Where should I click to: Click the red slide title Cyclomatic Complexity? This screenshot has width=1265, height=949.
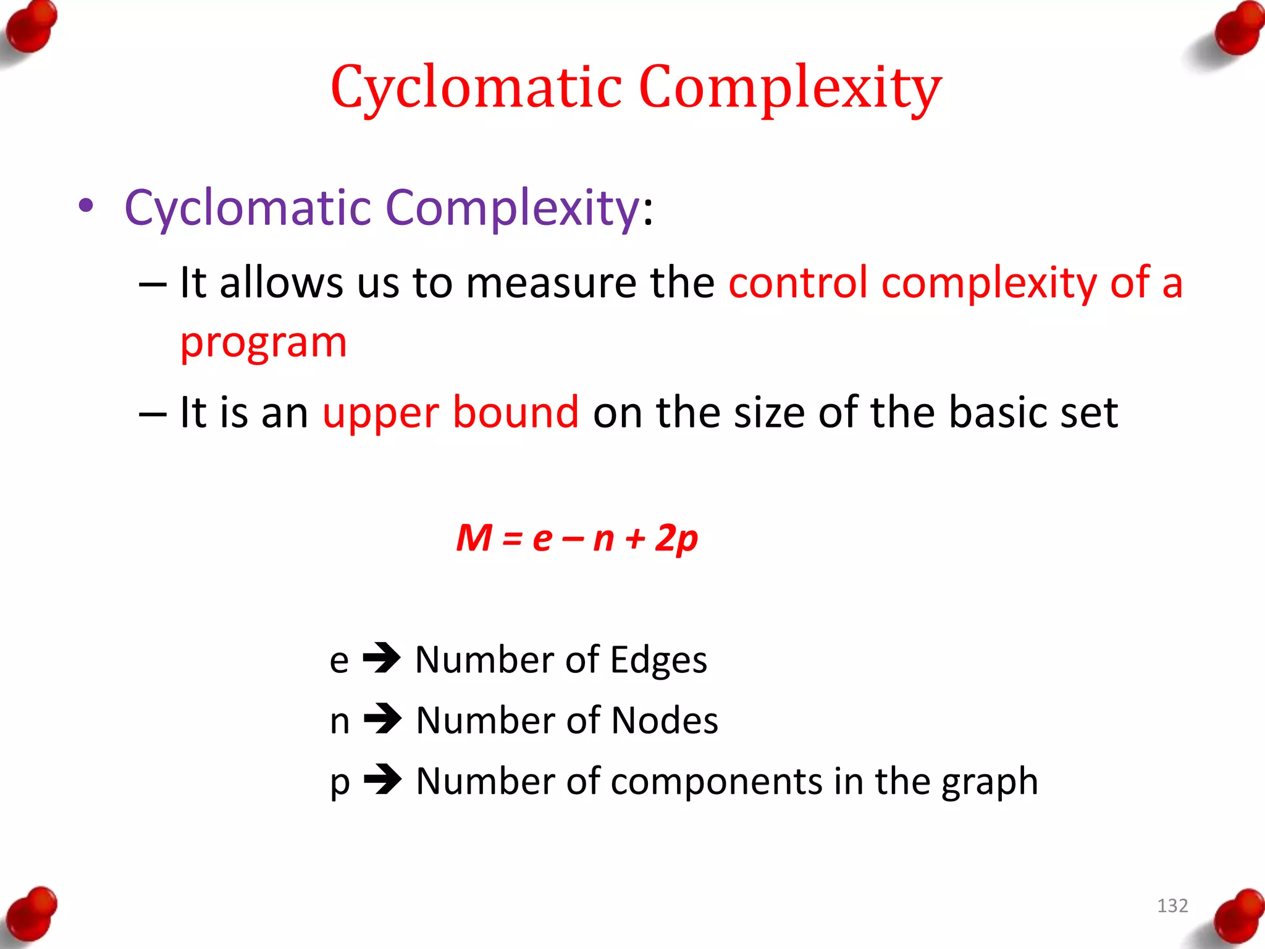tap(636, 88)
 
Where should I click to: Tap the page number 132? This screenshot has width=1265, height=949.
tap(1172, 906)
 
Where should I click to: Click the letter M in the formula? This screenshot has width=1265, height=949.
tap(474, 538)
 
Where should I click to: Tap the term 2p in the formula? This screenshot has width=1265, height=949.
tap(676, 538)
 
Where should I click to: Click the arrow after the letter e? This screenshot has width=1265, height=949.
tap(382, 659)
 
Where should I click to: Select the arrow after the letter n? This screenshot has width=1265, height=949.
tap(383, 719)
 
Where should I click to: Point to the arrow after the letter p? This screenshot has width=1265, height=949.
tap(383, 780)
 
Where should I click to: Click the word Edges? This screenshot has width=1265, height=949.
tap(658, 660)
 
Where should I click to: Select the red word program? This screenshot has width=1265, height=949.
tap(264, 344)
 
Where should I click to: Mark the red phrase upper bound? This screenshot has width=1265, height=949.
tap(451, 412)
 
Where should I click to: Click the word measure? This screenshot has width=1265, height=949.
tap(551, 283)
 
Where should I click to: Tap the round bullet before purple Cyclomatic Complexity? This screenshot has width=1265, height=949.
tap(86, 206)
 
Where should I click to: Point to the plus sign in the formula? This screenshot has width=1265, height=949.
tap(634, 539)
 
